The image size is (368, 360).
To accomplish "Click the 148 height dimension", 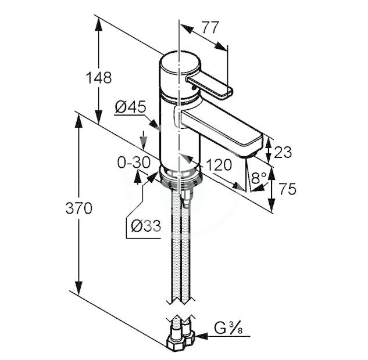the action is point(99,77).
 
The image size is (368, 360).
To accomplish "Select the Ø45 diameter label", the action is point(130,107).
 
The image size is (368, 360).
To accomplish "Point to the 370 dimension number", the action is point(79,208).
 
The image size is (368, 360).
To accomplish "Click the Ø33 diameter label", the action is point(146,226).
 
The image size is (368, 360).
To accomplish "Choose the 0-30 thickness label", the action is point(134,162).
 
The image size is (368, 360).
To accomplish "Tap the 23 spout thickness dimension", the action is point(283,152).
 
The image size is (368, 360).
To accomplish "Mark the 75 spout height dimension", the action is point(288,189).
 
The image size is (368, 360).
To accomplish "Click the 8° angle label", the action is point(259,178).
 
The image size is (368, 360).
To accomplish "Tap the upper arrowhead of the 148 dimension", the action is point(99,24).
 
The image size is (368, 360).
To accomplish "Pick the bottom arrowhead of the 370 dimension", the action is point(79,289).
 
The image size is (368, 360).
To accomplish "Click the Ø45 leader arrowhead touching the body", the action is point(155,124).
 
